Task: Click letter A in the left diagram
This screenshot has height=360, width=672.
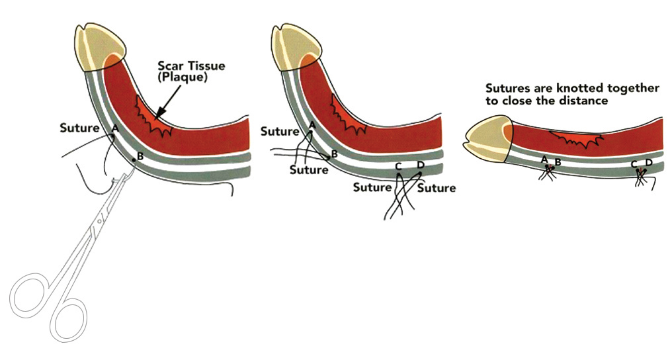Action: [115, 127]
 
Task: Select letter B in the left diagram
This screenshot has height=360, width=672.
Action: [139, 156]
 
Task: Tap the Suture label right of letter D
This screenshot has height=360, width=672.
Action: [436, 188]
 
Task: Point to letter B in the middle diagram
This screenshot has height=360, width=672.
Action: [334, 154]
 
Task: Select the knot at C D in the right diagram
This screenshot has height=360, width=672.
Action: [640, 173]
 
